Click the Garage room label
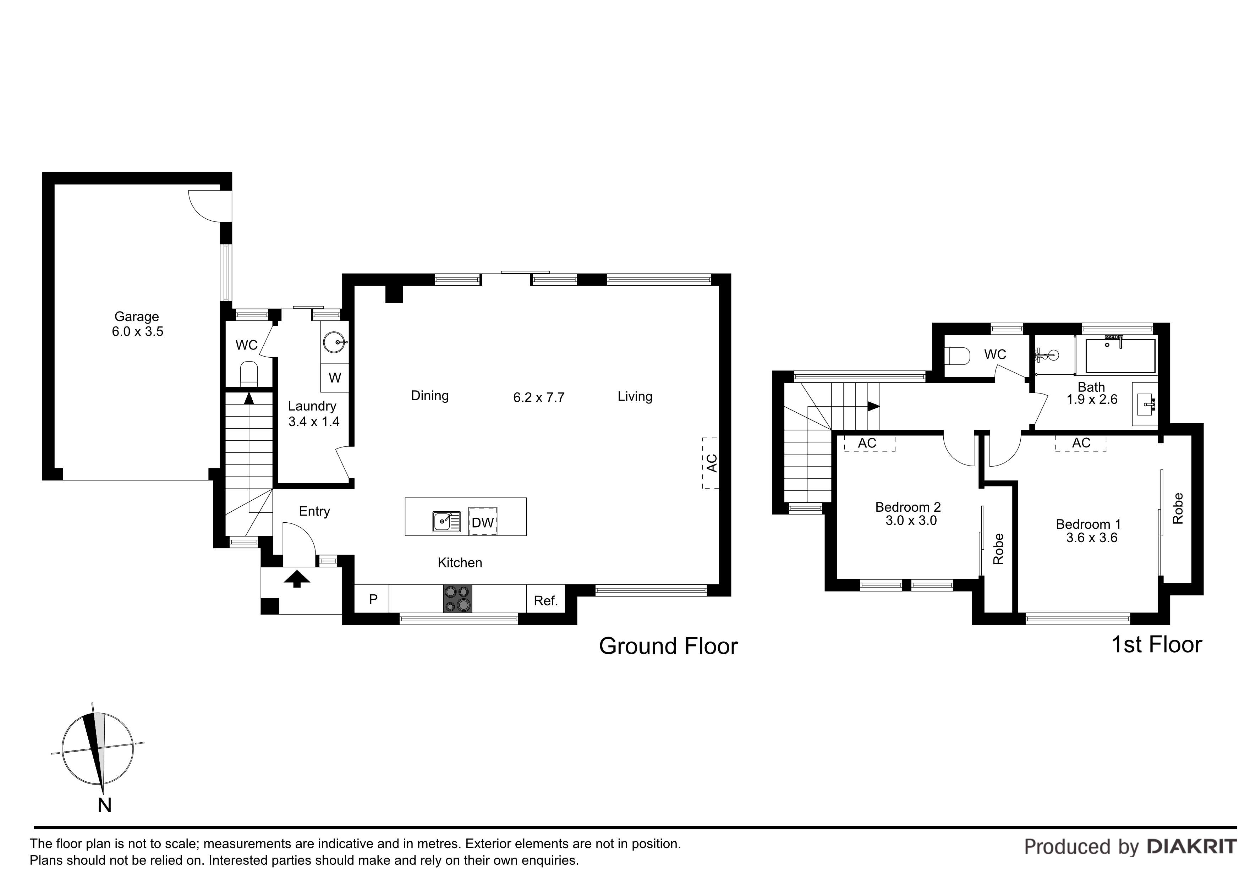137,317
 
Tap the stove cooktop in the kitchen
458,599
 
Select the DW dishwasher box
483,522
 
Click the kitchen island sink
446,522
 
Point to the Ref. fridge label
545,601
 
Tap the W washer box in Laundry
335,378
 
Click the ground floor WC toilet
249,373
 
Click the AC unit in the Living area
711,463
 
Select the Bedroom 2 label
908,507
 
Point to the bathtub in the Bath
1120,356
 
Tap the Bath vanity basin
1145,403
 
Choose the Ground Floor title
668,646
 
